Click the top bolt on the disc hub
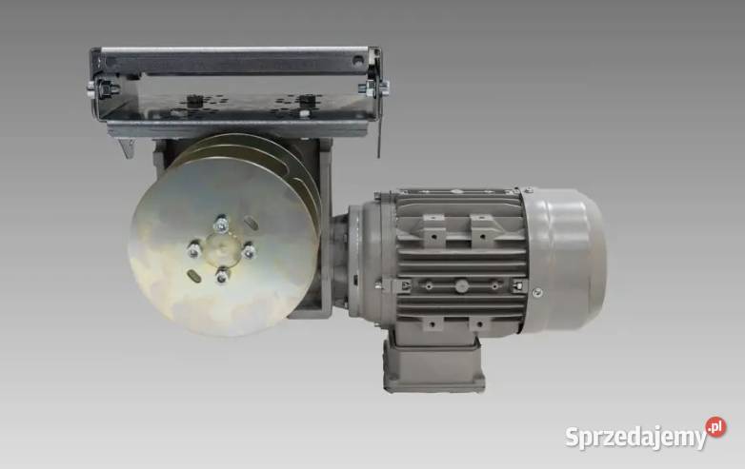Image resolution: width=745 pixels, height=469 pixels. point(221,224)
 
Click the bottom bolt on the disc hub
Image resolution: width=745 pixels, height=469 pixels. point(222,276)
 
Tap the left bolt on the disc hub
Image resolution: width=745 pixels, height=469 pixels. point(193,250)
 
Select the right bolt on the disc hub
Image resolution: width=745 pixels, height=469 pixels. point(249,251)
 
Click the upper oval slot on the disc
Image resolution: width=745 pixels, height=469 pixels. point(251,223)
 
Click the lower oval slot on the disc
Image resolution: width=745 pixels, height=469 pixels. point(194,276)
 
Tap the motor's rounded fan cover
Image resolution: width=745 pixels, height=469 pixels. point(565,259)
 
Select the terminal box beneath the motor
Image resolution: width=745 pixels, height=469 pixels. point(433,362)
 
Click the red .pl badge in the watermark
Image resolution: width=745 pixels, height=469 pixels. point(715,428)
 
